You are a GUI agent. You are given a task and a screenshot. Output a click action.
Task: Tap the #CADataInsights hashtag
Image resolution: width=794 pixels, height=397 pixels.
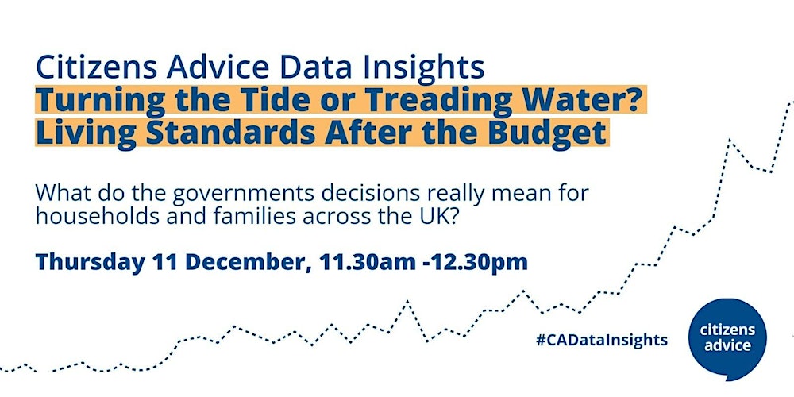coord(602,340)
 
